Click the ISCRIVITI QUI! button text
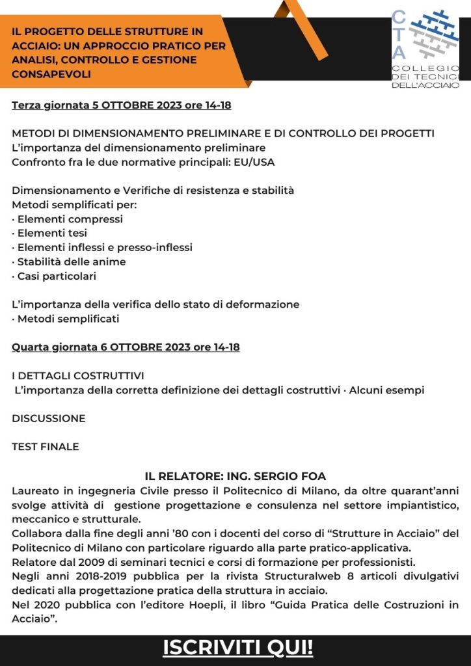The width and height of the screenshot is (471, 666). point(237,648)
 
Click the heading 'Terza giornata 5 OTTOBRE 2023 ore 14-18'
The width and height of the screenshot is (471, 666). point(122,105)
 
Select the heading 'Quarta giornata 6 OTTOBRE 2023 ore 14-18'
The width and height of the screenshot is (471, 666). point(126,347)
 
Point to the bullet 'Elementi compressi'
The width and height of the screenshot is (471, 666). point(70,219)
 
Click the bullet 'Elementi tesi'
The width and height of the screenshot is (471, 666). point(52,233)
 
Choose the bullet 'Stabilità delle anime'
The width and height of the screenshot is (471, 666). point(72,262)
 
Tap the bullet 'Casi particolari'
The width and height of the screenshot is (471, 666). point(57,276)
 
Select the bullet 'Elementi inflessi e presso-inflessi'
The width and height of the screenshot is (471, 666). point(105,248)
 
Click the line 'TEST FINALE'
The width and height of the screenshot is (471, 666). point(46,447)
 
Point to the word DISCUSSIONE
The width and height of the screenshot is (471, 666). point(49,418)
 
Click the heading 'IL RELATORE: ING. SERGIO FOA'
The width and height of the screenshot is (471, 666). point(235,477)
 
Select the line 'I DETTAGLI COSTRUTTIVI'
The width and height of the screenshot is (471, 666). point(78,376)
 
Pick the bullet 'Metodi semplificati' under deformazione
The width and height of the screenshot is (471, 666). point(68,319)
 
